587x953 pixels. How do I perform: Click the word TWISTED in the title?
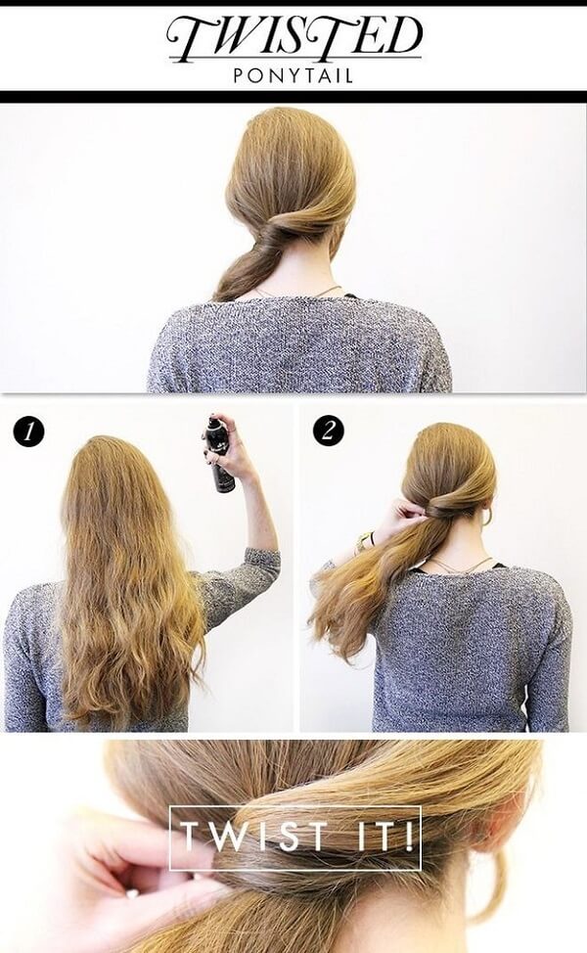point(294,38)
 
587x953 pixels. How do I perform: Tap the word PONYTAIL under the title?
point(293,76)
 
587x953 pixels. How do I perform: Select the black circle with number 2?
point(329,431)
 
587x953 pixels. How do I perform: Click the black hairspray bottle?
point(220,454)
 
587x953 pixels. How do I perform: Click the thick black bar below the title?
point(293,97)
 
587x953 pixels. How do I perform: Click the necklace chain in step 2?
point(457,567)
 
